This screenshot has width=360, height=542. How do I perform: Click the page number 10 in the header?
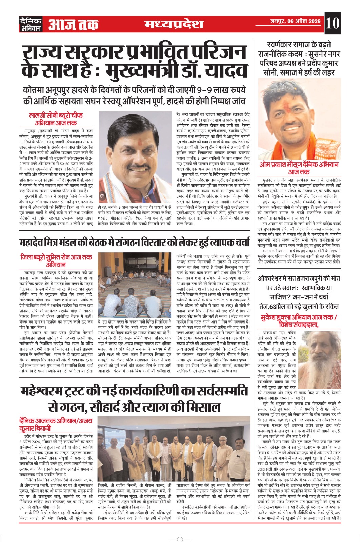332,24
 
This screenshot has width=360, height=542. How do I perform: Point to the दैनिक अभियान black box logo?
31,24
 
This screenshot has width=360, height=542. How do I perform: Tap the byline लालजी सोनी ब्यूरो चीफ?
56,116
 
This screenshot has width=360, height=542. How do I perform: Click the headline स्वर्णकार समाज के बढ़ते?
299,45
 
